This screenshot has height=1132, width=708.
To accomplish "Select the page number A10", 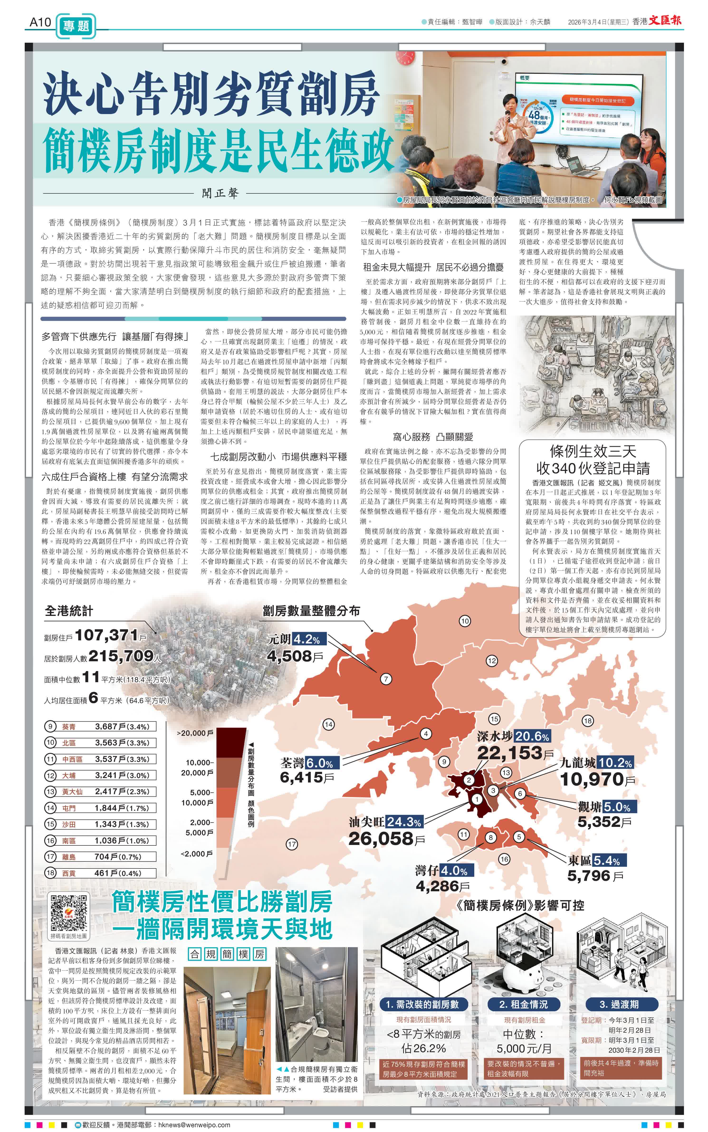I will (x=40, y=22).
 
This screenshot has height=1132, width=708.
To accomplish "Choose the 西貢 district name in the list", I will (x=69, y=873).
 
